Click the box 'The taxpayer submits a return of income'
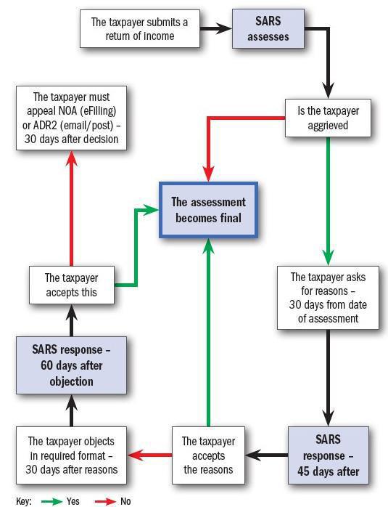point(139,29)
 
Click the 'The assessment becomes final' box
point(209,209)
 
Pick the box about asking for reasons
point(328,298)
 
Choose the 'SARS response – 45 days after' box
point(328,455)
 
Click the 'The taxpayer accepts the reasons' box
point(208,455)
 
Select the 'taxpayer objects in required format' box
point(71,455)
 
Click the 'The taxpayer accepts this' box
point(71,285)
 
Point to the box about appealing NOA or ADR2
point(71,118)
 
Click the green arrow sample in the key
point(51,501)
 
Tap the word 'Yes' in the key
point(73,501)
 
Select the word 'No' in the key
point(126,501)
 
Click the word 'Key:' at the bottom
point(23,501)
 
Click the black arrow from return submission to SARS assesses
point(216,29)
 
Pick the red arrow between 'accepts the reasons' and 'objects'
point(150,455)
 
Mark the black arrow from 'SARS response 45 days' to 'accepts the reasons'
point(267,455)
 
